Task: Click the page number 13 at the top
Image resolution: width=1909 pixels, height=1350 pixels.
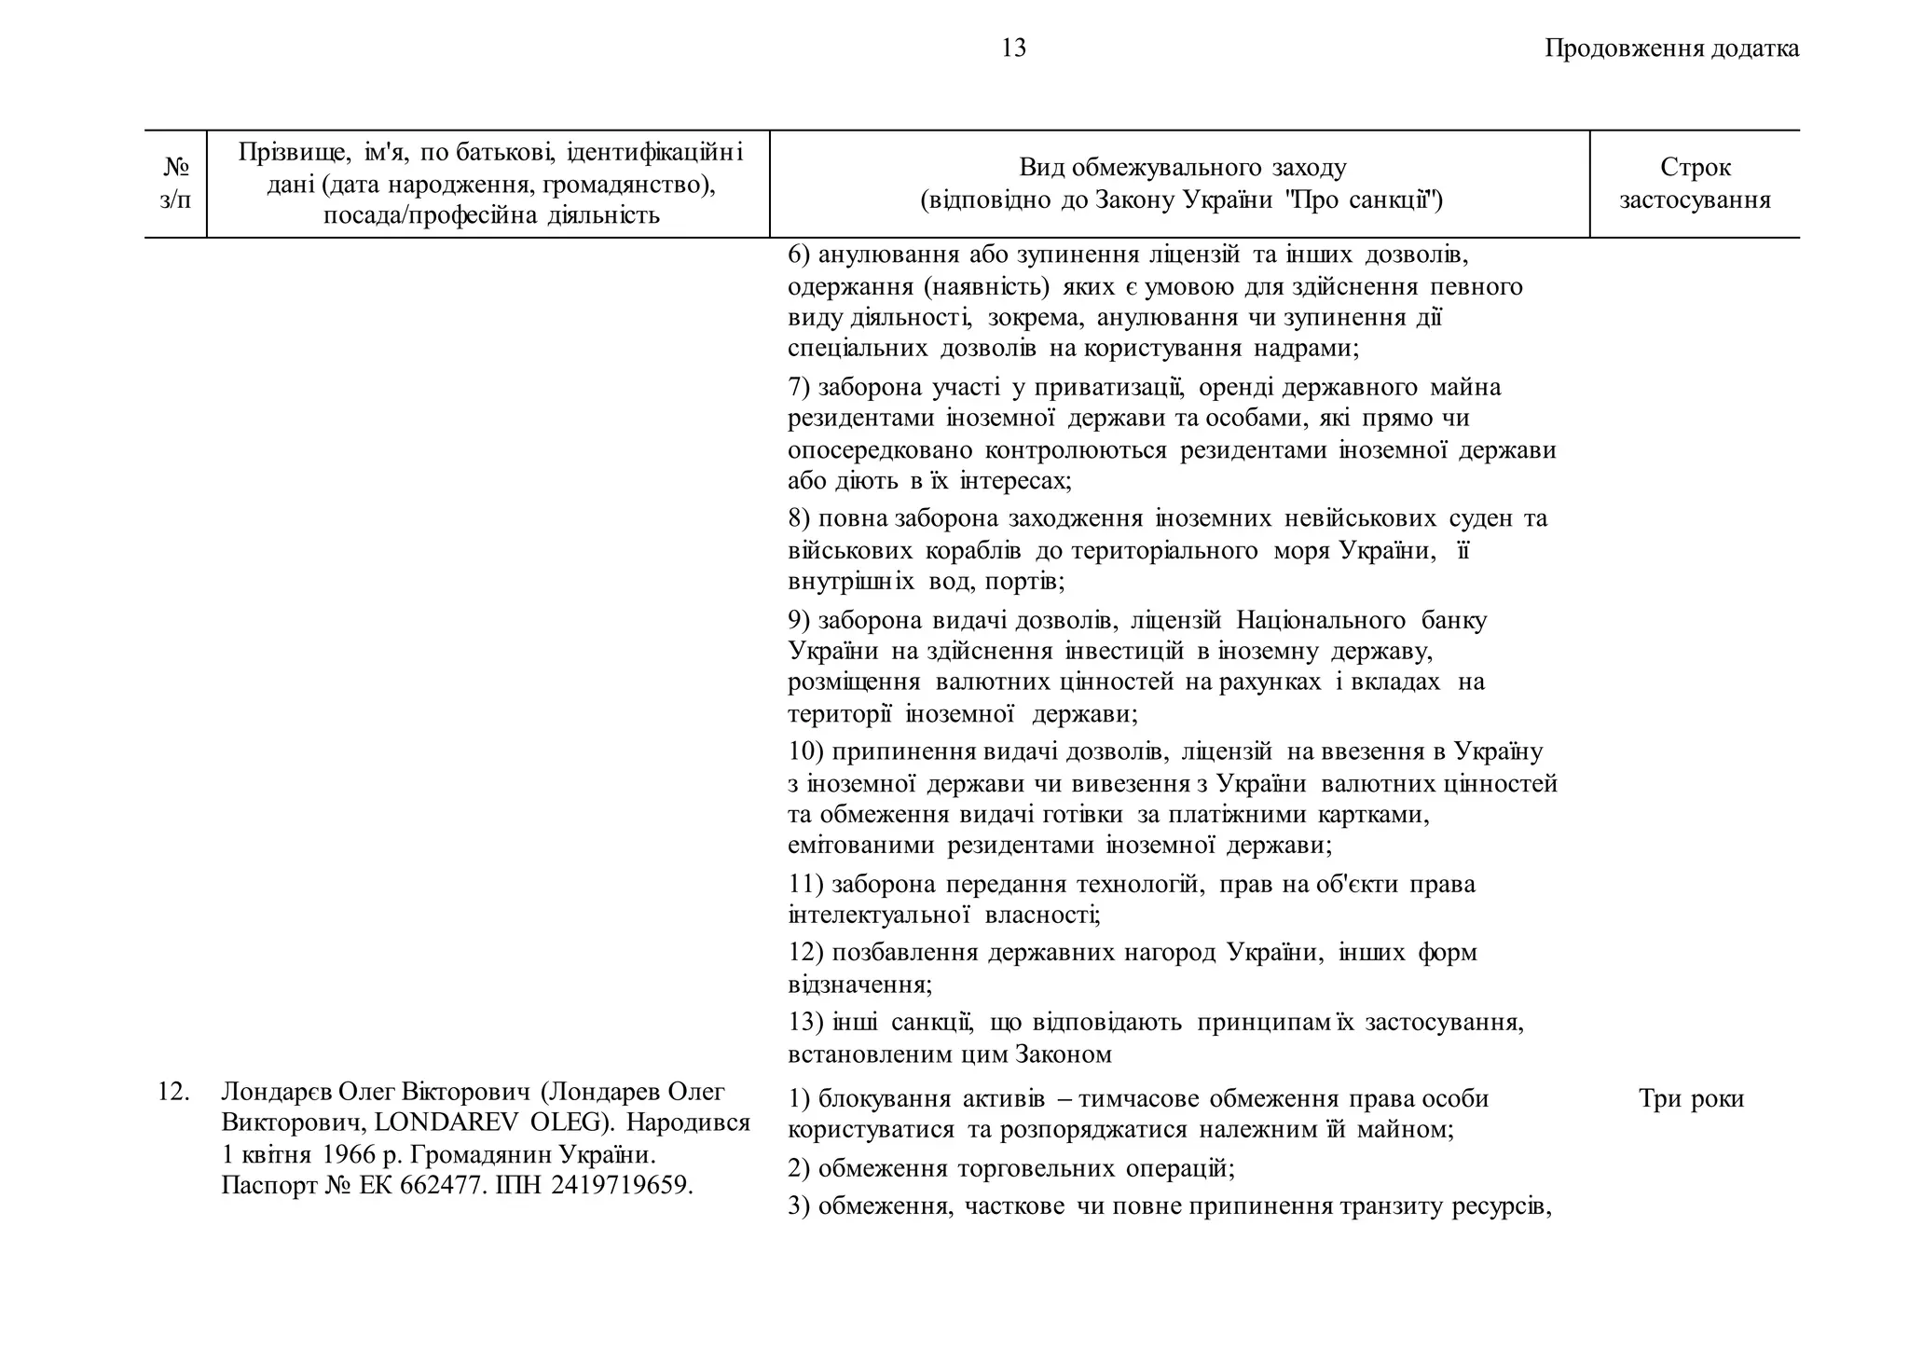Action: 1013,48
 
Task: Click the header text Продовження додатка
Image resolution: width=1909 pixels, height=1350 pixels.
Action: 1671,48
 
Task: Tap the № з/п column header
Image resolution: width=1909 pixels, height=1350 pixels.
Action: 175,184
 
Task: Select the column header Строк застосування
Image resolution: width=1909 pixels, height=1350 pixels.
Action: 1695,184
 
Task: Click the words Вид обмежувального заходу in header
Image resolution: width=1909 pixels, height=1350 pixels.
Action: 1182,168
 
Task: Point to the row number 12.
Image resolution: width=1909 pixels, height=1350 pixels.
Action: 173,1092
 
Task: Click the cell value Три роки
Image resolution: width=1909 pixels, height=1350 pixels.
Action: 1691,1099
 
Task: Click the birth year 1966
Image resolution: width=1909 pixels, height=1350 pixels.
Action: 349,1154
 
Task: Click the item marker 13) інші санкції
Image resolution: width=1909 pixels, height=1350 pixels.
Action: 805,1023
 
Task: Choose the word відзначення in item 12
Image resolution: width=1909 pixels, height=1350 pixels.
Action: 858,985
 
